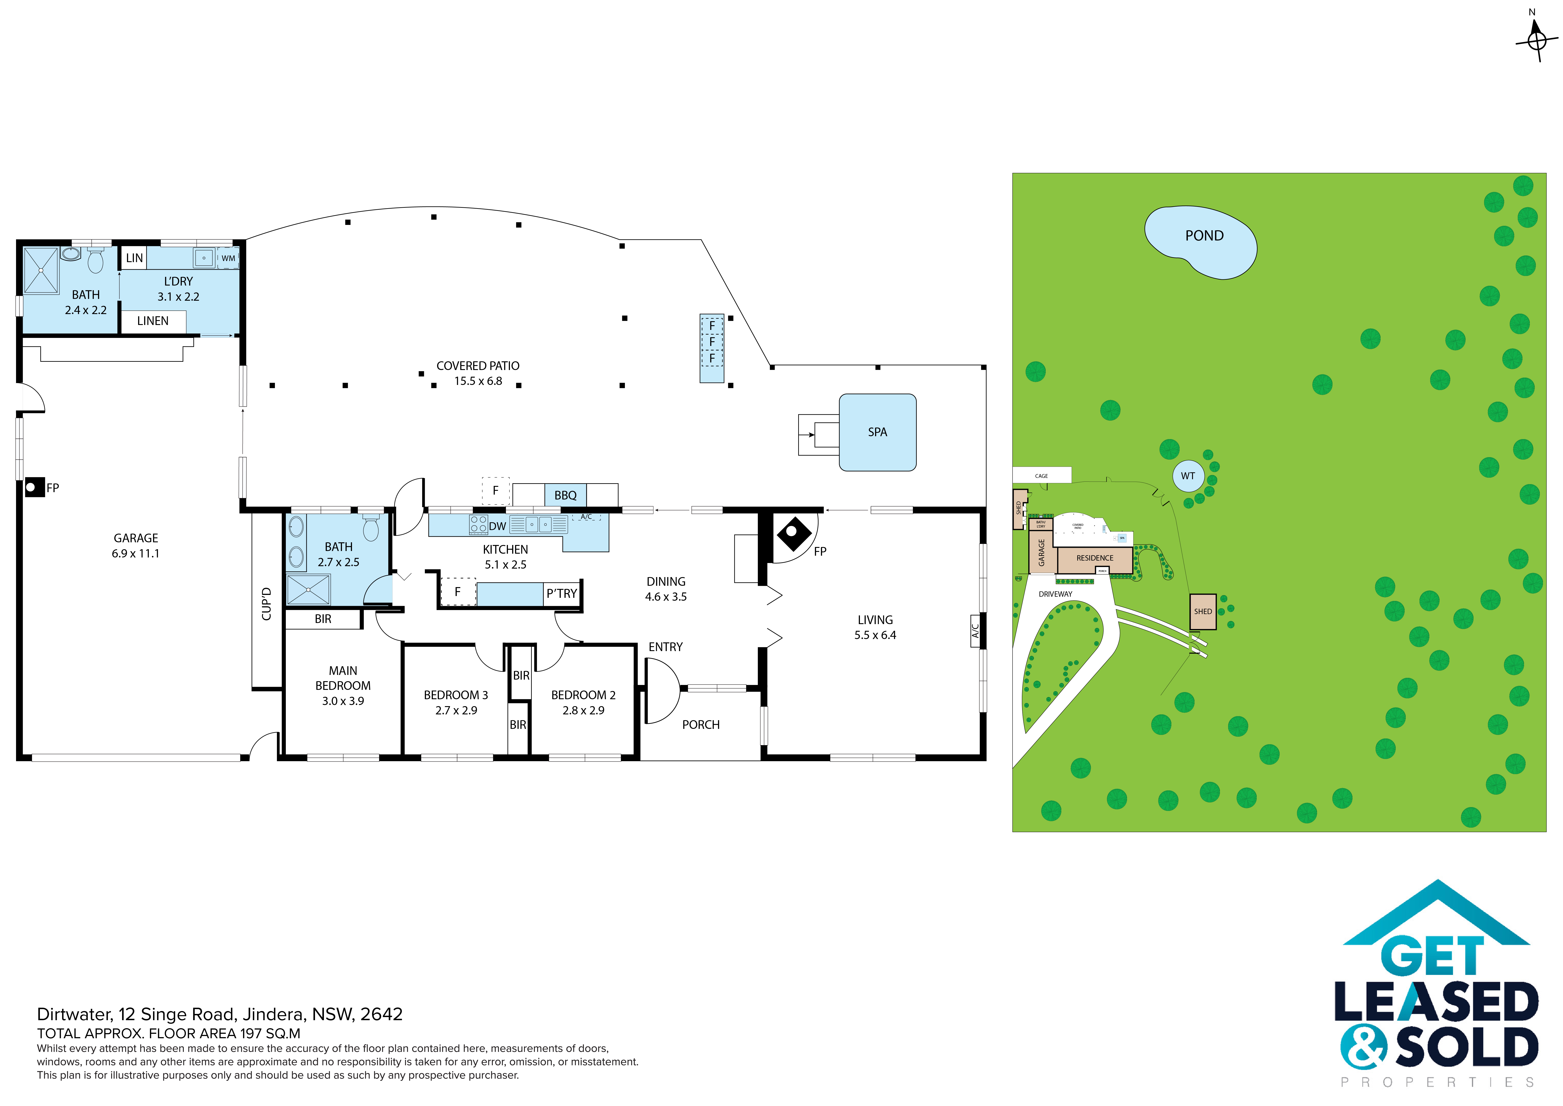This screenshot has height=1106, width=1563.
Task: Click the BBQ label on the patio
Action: point(565,495)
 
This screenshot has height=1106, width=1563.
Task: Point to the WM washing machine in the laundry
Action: point(228,258)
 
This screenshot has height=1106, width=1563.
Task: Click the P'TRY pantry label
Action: point(562,593)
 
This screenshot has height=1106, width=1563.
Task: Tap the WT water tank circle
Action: point(1188,476)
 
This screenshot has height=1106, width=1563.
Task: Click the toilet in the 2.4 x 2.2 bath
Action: point(95,260)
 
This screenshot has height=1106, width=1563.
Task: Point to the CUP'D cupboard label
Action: point(266,603)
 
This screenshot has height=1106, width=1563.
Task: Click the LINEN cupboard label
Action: point(152,321)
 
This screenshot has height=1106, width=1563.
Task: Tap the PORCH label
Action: point(700,725)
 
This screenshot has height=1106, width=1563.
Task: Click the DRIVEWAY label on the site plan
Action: point(1055,594)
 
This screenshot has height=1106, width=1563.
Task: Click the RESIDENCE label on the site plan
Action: point(1095,558)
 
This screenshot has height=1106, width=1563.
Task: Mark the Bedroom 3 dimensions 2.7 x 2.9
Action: point(456,710)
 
